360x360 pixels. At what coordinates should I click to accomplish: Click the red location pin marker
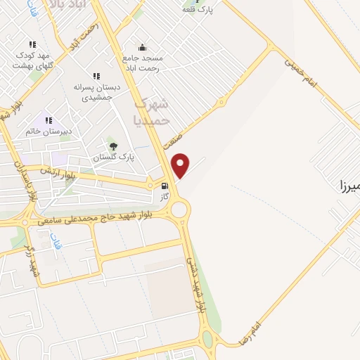click(181, 165)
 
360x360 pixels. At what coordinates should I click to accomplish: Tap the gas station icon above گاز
click(164, 186)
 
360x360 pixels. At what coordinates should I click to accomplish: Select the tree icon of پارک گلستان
click(113, 146)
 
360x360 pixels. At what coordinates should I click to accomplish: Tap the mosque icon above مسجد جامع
click(143, 48)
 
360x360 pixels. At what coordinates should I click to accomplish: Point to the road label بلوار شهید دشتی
click(196, 285)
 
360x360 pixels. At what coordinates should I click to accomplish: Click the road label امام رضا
click(250, 330)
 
